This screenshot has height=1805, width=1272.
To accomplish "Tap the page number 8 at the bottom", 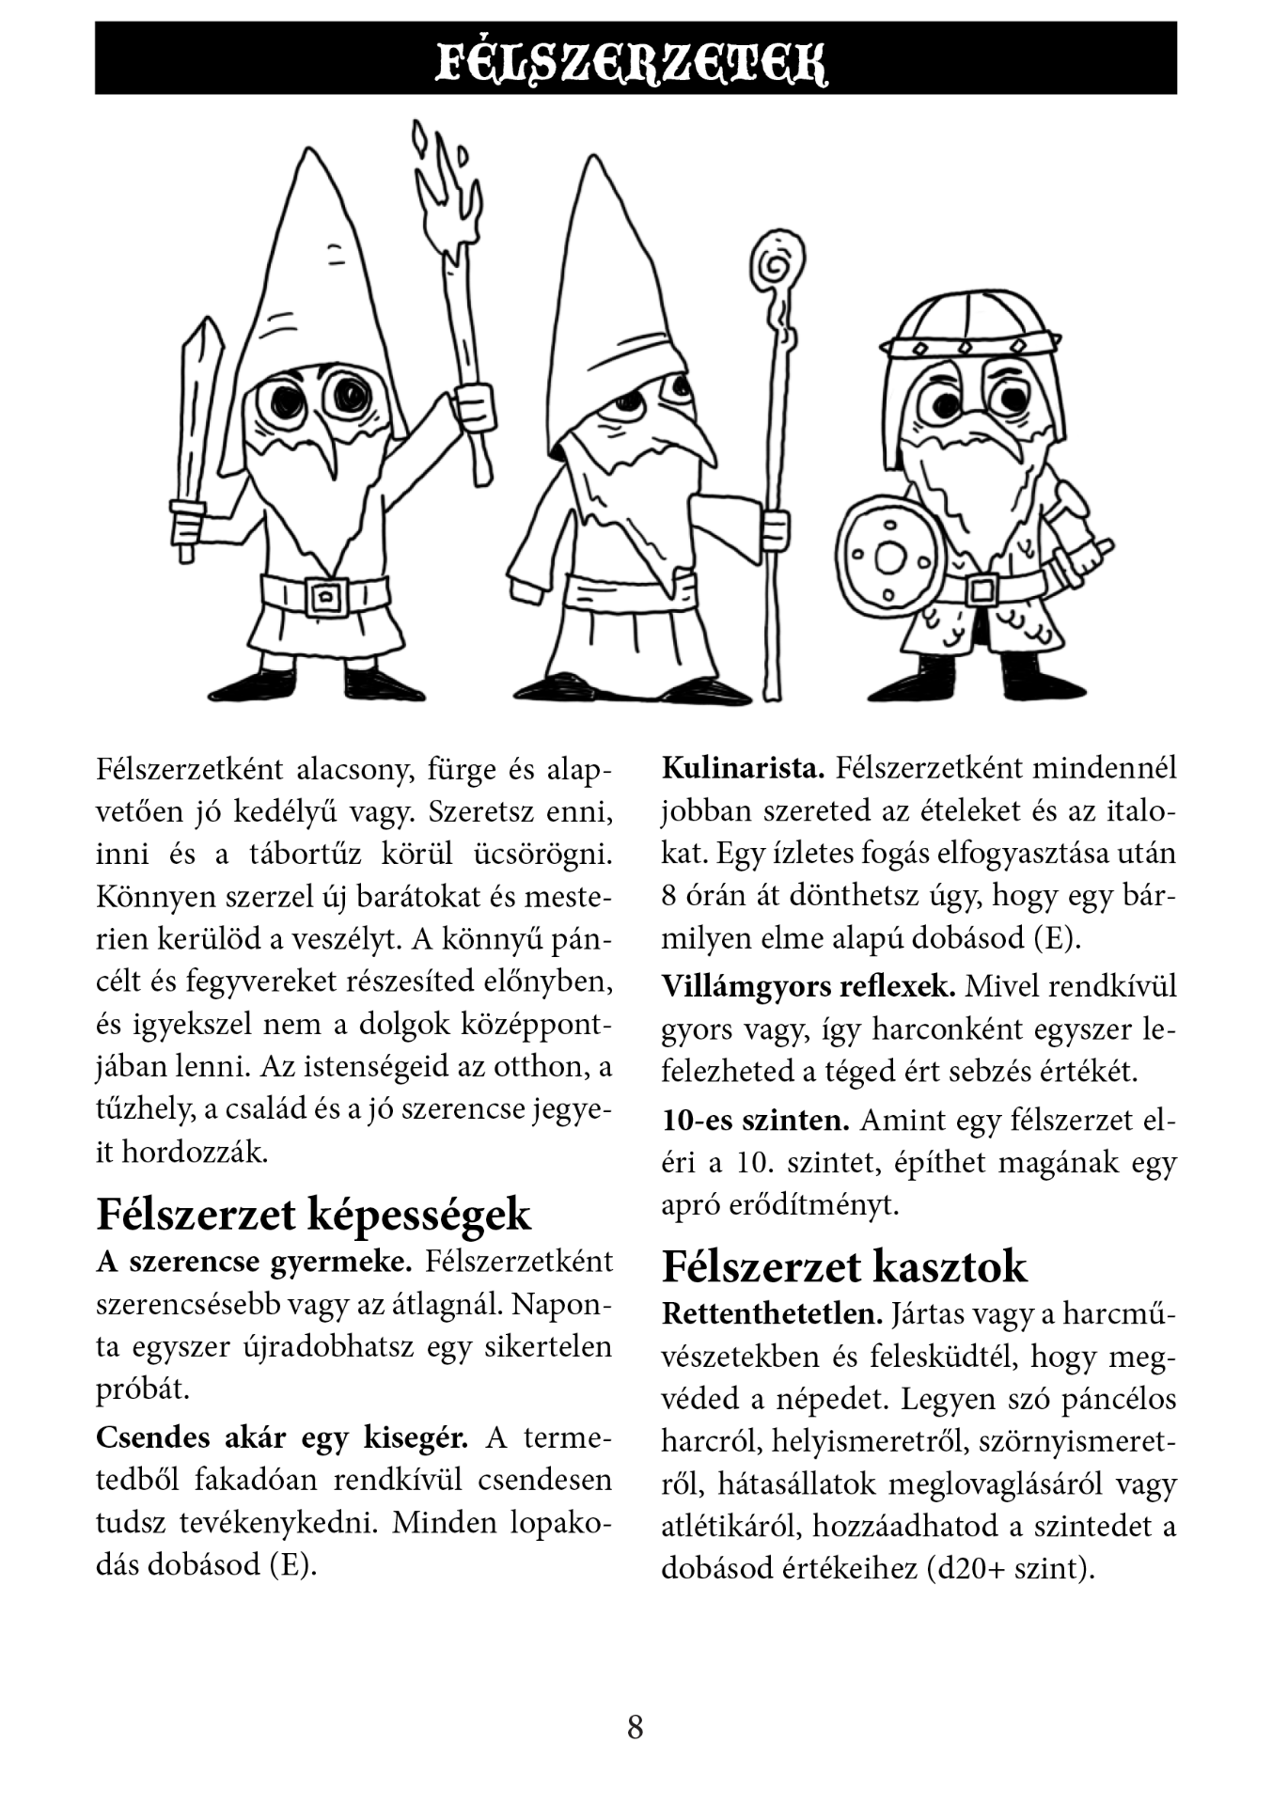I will tap(636, 1727).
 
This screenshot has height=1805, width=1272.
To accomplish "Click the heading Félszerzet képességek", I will tap(313, 1214).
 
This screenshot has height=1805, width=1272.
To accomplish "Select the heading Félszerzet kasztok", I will tap(843, 1266).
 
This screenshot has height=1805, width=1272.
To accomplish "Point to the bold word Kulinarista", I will tap(743, 768).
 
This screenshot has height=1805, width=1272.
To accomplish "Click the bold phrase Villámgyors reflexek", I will tap(809, 986).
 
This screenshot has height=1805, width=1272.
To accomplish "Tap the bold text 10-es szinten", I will tap(756, 1121).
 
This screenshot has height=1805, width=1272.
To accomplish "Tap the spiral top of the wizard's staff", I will tap(777, 263).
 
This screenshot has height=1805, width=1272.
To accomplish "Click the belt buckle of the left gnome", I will tap(326, 595).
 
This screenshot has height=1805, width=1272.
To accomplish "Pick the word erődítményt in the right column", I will tap(814, 1204).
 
